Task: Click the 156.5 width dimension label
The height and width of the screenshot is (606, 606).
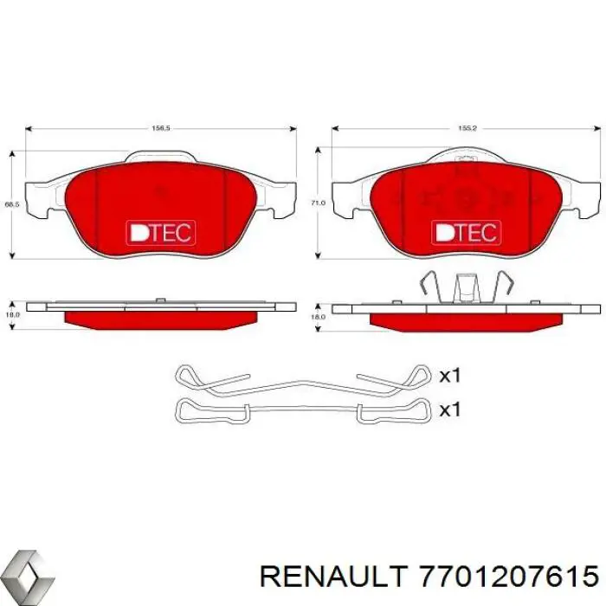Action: pos(161,128)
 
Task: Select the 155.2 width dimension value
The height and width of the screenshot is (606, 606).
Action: pos(467,128)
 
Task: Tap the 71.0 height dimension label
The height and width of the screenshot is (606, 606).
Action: pos(317,203)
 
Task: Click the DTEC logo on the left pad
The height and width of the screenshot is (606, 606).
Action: pos(161,232)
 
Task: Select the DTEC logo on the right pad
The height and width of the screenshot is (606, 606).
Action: pos(466,232)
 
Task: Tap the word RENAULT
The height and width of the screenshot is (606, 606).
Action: pos(334,574)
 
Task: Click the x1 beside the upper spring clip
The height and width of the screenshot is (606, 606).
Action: pos(449,376)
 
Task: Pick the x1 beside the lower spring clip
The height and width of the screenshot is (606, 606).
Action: pos(449,409)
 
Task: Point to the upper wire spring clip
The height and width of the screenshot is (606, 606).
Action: pos(302,381)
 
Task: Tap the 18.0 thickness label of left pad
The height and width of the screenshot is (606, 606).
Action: pos(11,318)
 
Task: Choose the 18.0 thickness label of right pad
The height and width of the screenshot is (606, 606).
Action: pos(317,318)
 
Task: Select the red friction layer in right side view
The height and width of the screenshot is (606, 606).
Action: pos(466,319)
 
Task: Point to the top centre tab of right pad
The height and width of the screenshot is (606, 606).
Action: pos(466,156)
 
